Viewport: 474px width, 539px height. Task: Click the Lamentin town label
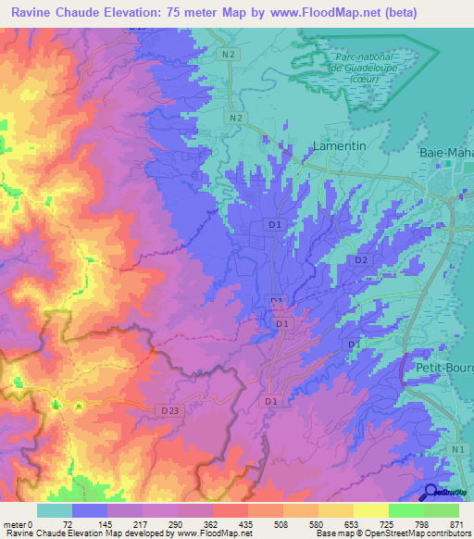click(314, 147)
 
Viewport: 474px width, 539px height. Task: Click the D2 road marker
click(362, 260)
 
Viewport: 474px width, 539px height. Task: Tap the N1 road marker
click(456, 449)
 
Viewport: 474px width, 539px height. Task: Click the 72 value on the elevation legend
click(68, 523)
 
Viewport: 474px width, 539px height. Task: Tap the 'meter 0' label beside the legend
click(18, 523)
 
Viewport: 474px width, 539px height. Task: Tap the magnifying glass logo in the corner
click(431, 492)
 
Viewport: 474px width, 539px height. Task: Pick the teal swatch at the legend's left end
click(54, 510)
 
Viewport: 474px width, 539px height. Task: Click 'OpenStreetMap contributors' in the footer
click(417, 534)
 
